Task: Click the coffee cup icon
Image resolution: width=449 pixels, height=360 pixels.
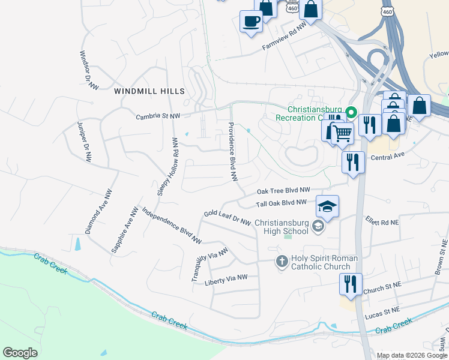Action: click(251, 22)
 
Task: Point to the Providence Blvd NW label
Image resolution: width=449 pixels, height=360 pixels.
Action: click(233, 152)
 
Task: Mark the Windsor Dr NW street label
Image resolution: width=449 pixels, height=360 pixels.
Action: click(89, 70)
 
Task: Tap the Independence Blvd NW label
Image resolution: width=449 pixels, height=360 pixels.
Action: click(171, 226)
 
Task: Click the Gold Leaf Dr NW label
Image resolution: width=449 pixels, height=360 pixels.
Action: click(227, 218)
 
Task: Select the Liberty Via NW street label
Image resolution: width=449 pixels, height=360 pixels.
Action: click(226, 279)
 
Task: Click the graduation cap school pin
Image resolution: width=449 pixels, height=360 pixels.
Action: click(327, 207)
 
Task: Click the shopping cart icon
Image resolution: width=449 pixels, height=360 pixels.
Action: click(342, 133)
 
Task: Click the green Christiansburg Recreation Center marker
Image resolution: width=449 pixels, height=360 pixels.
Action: click(352, 110)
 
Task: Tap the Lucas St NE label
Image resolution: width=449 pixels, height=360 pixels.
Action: click(382, 311)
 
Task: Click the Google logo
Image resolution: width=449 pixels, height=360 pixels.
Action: click(20, 353)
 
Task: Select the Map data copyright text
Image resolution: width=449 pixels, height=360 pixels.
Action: click(411, 355)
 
